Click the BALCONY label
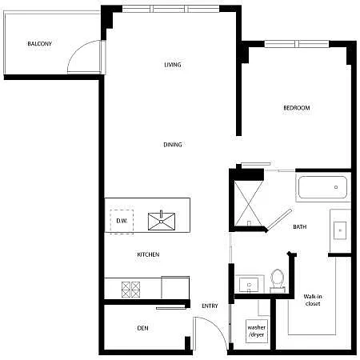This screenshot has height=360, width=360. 39,44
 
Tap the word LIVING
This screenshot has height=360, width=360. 172,65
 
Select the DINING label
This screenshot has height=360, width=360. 172,145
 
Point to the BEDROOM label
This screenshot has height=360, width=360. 296,108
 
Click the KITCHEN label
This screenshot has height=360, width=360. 148,254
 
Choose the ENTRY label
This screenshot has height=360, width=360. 210,306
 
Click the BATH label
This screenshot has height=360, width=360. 300,227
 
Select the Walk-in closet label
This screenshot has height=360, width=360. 314,301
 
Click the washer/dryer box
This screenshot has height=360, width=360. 256,330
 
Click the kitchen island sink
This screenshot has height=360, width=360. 167,216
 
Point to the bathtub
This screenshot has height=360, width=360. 322,189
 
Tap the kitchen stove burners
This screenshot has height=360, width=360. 131,288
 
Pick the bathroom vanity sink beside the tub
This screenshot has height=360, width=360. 339,230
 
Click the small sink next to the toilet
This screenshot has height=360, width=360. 247,283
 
